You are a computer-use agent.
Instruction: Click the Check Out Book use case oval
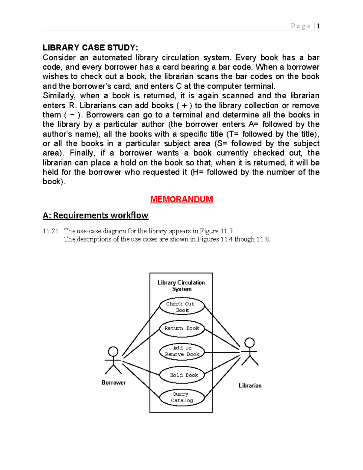(x=182, y=307)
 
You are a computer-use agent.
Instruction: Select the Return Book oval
(x=182, y=328)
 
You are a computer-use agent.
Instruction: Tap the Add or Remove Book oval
(x=182, y=351)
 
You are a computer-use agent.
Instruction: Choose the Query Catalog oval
(x=182, y=397)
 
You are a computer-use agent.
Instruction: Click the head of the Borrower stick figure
(x=113, y=351)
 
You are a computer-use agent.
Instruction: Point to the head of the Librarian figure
(x=250, y=343)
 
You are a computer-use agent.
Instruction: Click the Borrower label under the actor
(x=113, y=383)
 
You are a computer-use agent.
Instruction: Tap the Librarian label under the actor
(x=250, y=386)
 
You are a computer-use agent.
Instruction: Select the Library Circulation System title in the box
(x=181, y=286)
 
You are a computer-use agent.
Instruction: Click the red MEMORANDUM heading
(x=181, y=199)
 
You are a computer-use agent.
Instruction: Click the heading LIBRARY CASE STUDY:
(x=90, y=48)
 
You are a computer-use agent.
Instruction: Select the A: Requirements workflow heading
(x=95, y=215)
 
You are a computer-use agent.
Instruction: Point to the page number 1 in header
(x=318, y=26)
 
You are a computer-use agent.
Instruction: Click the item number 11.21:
(x=51, y=231)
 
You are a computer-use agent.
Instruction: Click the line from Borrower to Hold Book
(x=141, y=368)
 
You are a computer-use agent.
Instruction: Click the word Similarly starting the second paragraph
(x=59, y=96)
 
